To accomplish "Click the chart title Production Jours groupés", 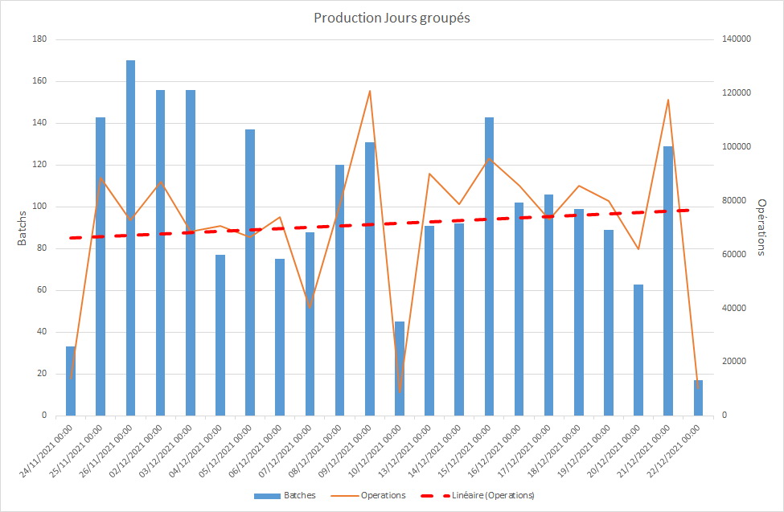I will (x=392, y=18).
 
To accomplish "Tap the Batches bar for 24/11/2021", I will (x=71, y=381).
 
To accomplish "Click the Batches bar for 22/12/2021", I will (x=698, y=398).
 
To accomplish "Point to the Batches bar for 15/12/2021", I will (x=489, y=266).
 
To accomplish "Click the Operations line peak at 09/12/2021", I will (x=370, y=91).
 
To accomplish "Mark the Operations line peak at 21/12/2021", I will (x=668, y=100).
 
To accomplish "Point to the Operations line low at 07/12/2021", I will (x=310, y=307).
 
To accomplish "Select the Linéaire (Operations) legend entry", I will (x=486, y=495).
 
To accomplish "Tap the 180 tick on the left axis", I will (x=39, y=39).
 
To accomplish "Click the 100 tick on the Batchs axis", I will (x=39, y=207).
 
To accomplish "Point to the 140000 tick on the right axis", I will (x=736, y=39).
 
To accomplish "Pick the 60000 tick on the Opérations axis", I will (x=733, y=254).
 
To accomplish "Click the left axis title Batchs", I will (x=23, y=227).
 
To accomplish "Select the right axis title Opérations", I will (x=761, y=227).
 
